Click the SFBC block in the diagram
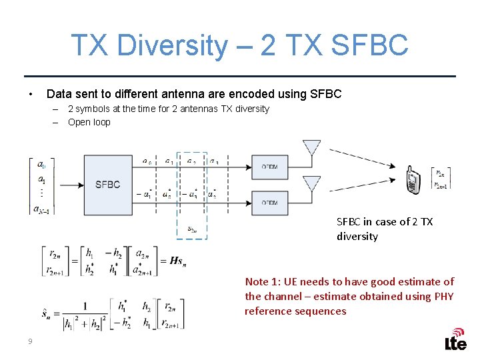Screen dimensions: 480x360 coord(108,185)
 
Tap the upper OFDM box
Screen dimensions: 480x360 coord(269,167)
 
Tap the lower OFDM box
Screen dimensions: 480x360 coord(269,202)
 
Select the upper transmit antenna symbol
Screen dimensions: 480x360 coord(311,148)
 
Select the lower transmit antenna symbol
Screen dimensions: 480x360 coord(311,183)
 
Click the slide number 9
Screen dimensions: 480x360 coord(30,342)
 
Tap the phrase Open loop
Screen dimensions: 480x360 coord(89,122)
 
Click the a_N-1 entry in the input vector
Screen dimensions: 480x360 coord(41,209)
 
